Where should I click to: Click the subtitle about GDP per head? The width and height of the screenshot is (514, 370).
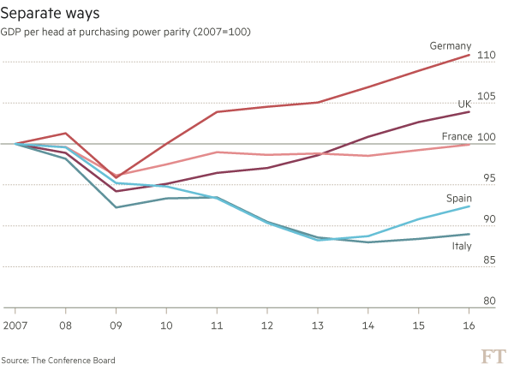pos(128,32)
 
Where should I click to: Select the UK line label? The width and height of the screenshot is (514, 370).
pos(463,104)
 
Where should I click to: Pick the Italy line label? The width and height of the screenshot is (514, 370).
pos(462,246)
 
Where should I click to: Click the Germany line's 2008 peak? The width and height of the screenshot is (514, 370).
pos(66,133)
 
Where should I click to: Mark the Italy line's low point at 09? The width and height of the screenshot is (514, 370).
pos(117,207)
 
